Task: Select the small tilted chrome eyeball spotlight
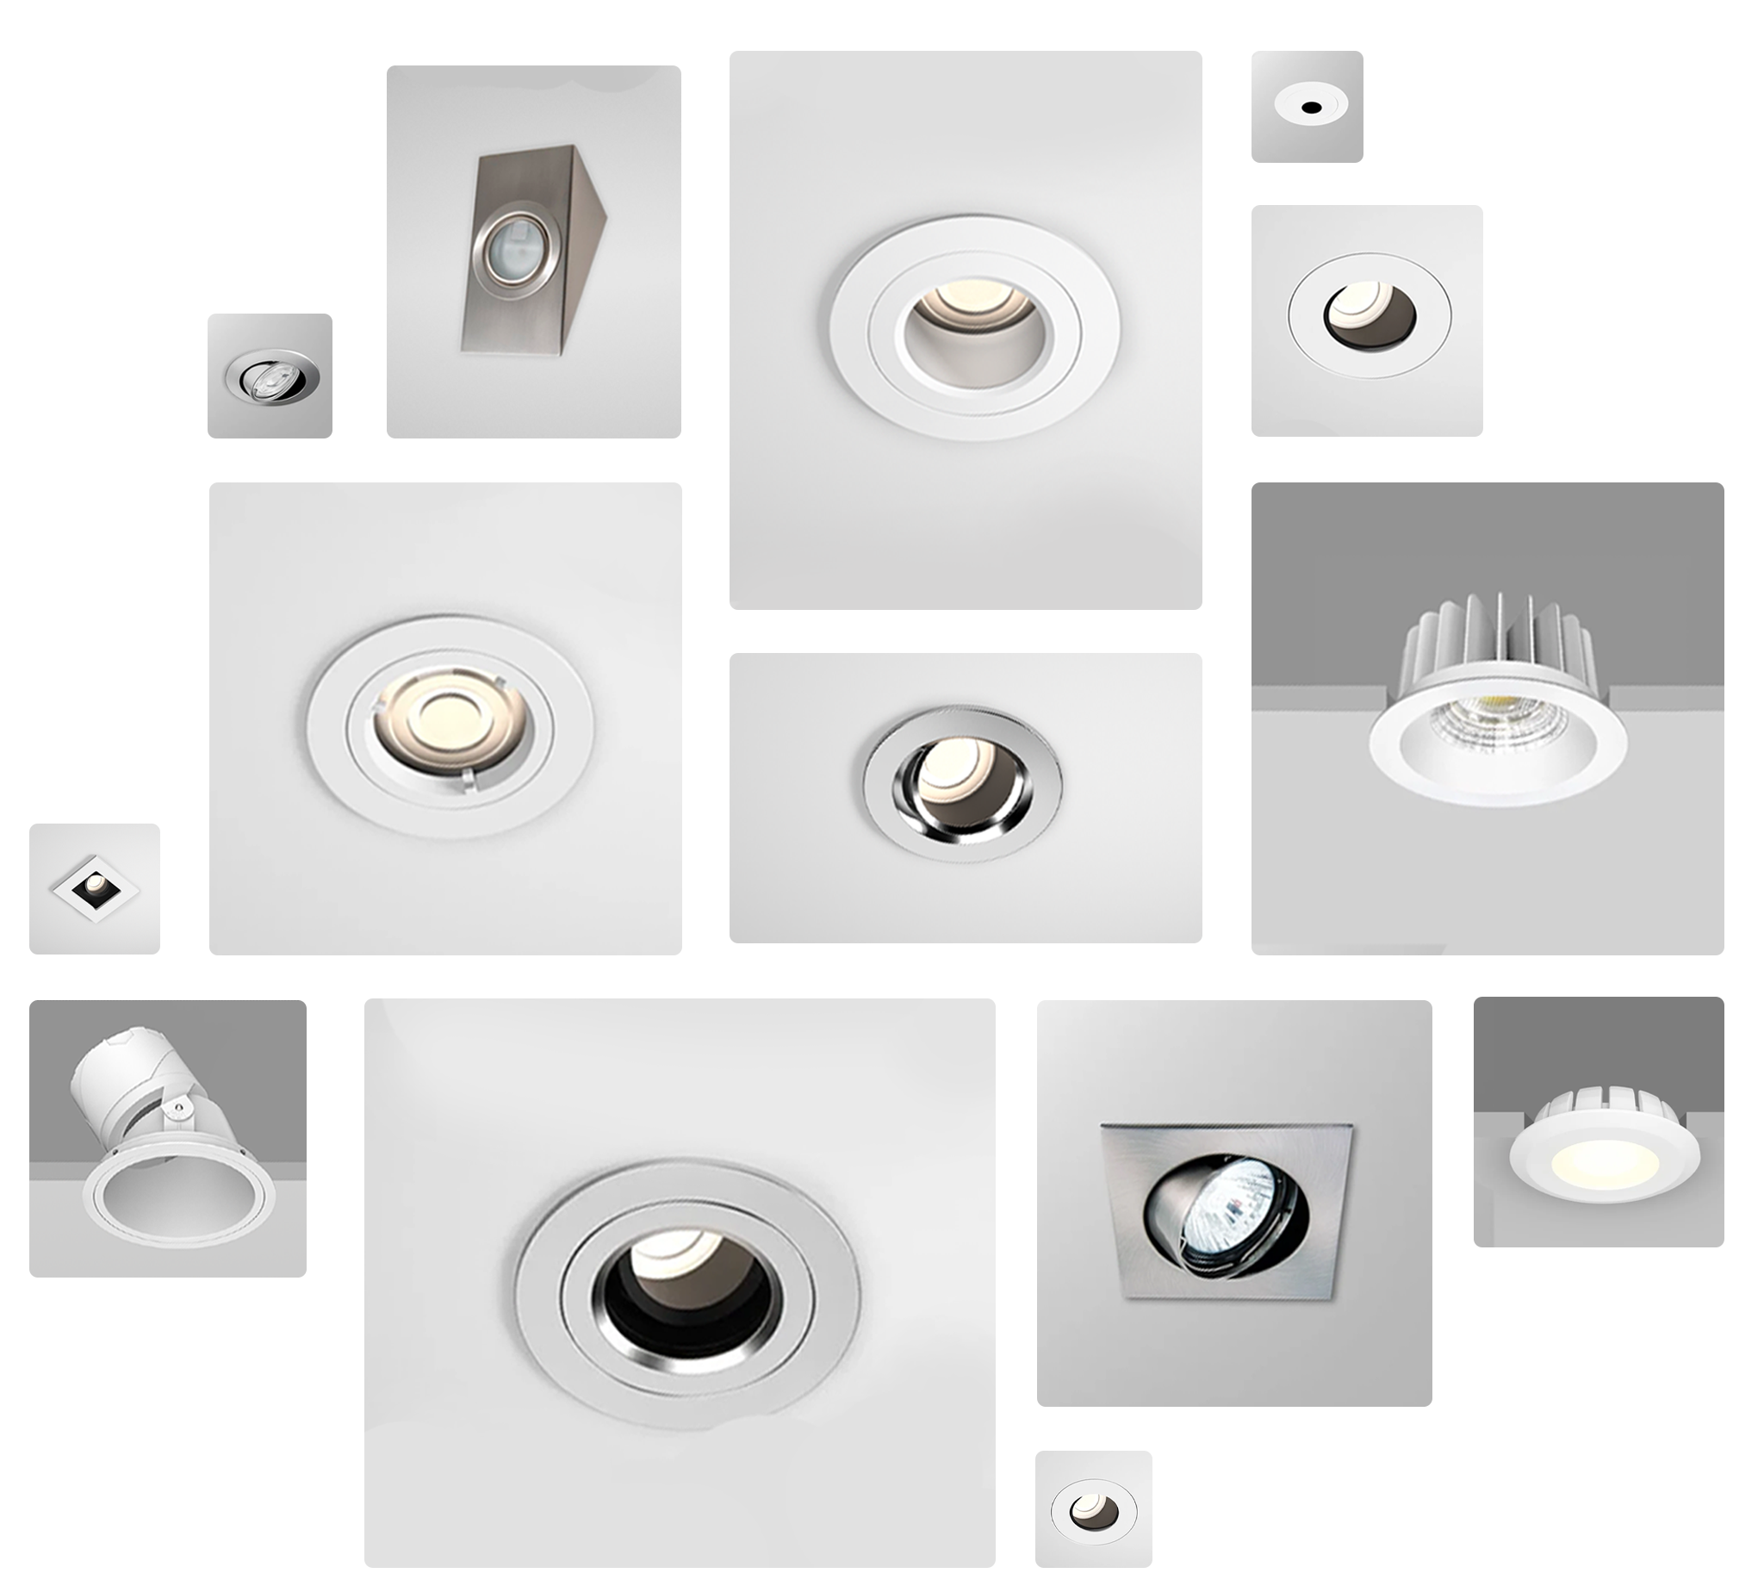pyautogui.click(x=272, y=378)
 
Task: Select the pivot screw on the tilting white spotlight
pyautogui.click(x=179, y=1107)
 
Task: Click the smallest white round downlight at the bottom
pyautogui.click(x=1093, y=1511)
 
